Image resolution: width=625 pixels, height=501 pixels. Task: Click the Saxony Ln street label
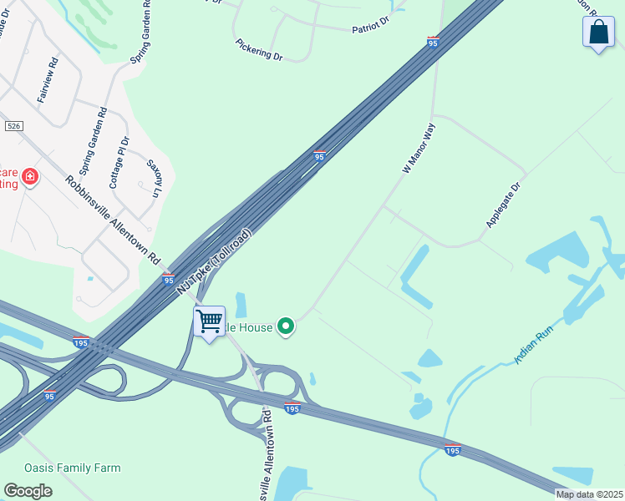(154, 178)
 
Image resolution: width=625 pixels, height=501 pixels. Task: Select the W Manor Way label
(419, 149)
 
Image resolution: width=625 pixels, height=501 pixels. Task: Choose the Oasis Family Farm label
(72, 468)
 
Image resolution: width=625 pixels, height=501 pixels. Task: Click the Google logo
(28, 490)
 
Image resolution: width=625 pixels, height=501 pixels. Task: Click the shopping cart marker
(209, 321)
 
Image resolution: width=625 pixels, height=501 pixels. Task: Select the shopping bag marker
(598, 32)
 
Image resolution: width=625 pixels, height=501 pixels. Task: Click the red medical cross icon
(30, 177)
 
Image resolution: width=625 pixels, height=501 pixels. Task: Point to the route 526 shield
(13, 125)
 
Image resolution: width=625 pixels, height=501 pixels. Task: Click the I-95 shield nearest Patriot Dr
(433, 41)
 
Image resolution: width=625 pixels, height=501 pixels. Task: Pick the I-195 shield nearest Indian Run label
(452, 449)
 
